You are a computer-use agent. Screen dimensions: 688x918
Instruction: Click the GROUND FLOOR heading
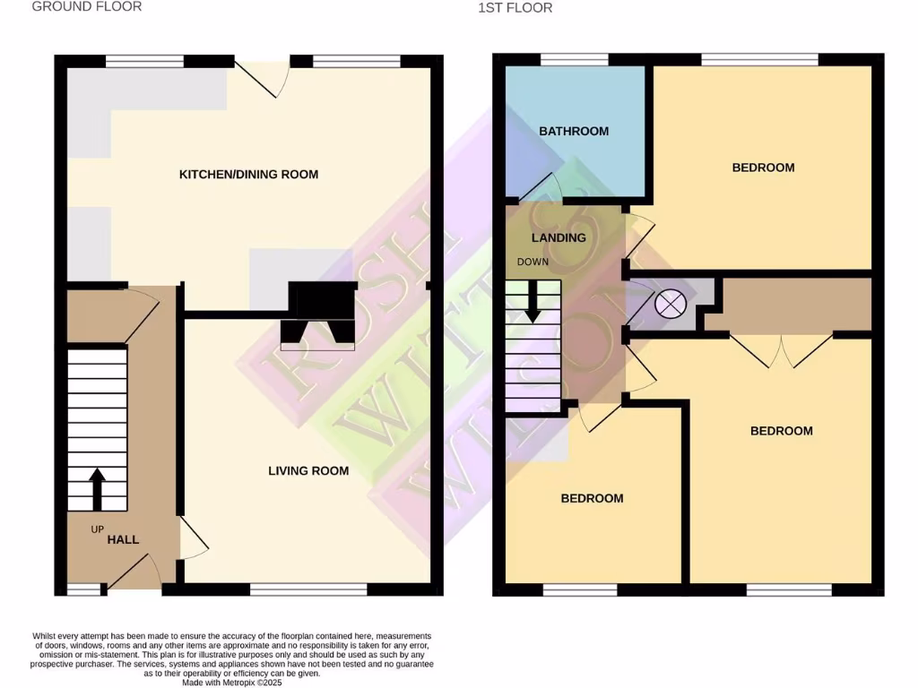(87, 6)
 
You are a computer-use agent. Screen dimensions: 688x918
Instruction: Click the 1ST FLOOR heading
(516, 8)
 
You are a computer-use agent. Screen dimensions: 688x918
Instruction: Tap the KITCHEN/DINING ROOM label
(248, 174)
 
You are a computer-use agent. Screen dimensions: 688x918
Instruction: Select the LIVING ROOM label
(308, 470)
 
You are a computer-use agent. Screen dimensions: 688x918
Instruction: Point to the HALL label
(124, 540)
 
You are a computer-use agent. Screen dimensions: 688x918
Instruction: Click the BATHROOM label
(574, 131)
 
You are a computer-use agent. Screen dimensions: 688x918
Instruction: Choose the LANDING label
(559, 237)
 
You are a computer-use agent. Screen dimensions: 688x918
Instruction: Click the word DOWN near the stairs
(533, 262)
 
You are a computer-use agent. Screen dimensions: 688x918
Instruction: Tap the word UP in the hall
(98, 529)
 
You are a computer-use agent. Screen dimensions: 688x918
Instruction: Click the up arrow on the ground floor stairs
(98, 488)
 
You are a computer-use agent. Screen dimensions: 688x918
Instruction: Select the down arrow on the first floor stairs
(533, 302)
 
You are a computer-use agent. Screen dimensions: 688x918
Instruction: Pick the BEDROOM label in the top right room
(763, 168)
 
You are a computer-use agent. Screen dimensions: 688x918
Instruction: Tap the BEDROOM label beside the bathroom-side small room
(592, 498)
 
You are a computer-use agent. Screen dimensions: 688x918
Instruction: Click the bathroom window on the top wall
(574, 60)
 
